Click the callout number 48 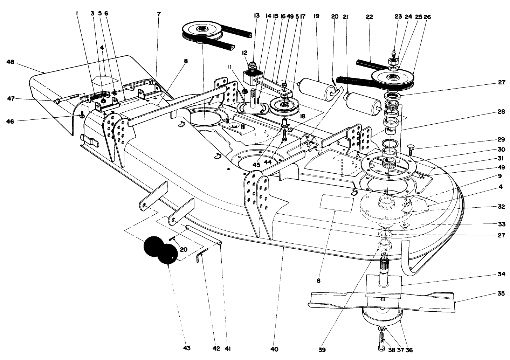coord(10,62)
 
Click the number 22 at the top coord(369,16)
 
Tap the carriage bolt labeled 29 coord(412,147)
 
